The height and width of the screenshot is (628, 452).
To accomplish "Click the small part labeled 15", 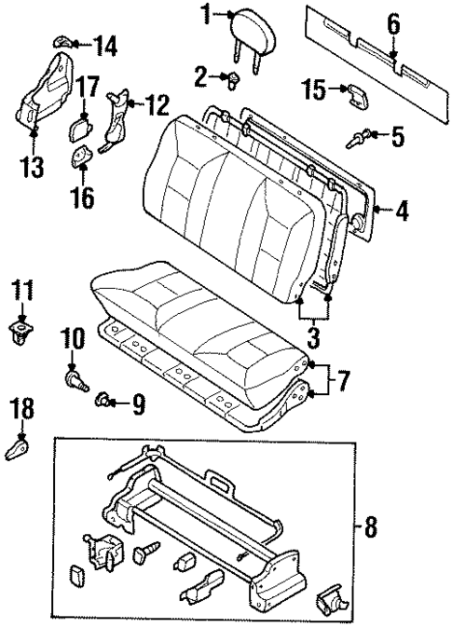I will (357, 92).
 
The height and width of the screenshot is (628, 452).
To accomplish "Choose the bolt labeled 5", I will (357, 140).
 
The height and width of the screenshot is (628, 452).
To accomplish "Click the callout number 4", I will (402, 211).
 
